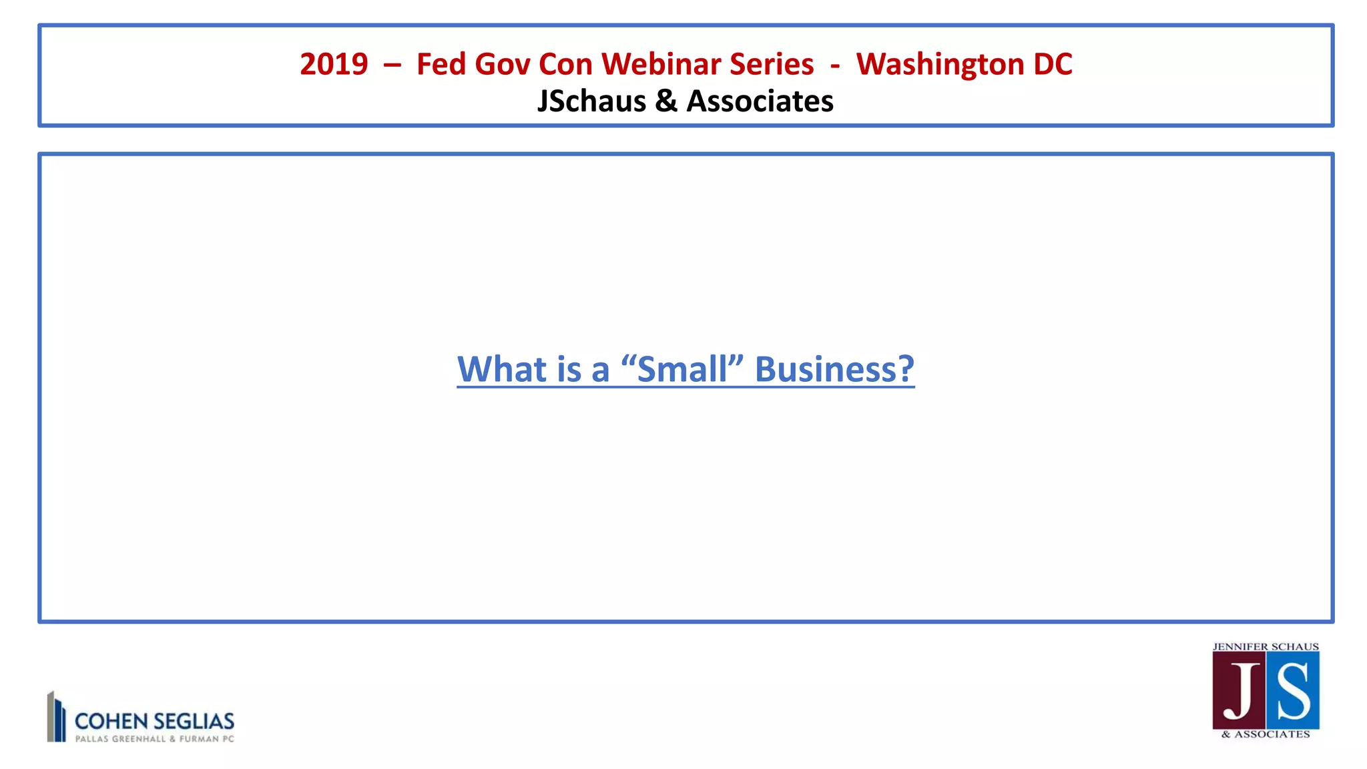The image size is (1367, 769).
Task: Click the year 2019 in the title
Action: [334, 65]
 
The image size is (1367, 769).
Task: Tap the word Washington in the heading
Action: [940, 65]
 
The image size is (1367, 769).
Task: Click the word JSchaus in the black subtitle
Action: [591, 101]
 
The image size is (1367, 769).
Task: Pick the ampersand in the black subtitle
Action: [666, 101]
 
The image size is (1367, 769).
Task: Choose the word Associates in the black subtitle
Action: [760, 101]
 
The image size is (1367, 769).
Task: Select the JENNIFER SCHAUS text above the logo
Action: [1266, 647]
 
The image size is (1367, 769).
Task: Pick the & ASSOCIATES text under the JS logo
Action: [1266, 734]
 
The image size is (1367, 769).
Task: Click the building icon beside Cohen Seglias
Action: [56, 717]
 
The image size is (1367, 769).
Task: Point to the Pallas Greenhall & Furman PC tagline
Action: [154, 739]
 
